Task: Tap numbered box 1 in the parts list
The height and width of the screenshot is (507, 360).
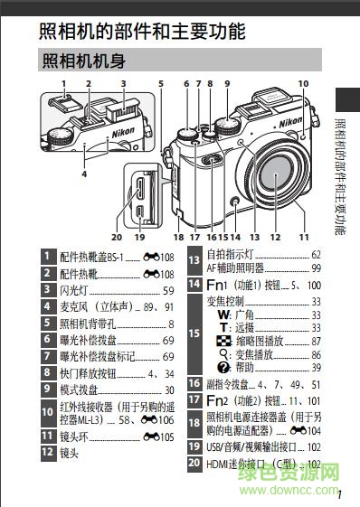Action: pos(48,258)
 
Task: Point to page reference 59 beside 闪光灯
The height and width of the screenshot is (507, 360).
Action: pos(168,290)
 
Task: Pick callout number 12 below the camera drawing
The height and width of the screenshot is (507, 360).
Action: pos(275,237)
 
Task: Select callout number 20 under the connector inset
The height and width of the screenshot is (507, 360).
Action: pos(117,237)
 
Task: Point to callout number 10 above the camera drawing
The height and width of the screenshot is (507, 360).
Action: pos(303,84)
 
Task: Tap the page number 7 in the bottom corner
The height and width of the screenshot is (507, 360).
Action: pos(339,493)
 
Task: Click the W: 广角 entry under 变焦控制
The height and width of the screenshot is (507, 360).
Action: pos(236,315)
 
